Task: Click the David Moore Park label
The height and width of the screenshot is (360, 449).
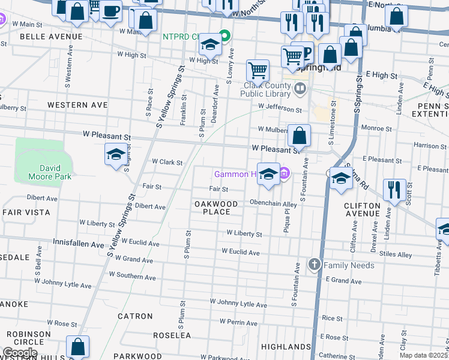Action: click(47, 172)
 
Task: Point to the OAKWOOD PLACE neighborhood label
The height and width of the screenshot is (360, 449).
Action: click(216, 208)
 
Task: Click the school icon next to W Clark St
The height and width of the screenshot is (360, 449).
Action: click(116, 155)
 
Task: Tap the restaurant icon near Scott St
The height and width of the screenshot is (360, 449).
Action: click(394, 190)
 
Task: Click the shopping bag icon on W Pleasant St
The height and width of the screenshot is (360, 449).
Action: click(299, 136)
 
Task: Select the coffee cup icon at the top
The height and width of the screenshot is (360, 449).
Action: click(110, 11)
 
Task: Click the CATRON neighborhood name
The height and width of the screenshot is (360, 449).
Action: click(135, 316)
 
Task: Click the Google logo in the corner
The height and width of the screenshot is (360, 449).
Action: click(19, 352)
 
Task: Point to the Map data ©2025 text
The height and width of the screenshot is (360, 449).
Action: click(424, 355)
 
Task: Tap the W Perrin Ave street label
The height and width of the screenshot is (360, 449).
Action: click(238, 322)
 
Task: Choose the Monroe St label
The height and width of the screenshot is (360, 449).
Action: click(377, 128)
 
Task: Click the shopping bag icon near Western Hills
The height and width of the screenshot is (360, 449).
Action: click(77, 347)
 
